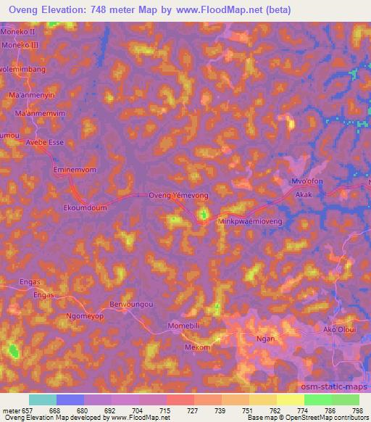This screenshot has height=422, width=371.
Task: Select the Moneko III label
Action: point(23,45)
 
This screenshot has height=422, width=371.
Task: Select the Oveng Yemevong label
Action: point(178,196)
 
